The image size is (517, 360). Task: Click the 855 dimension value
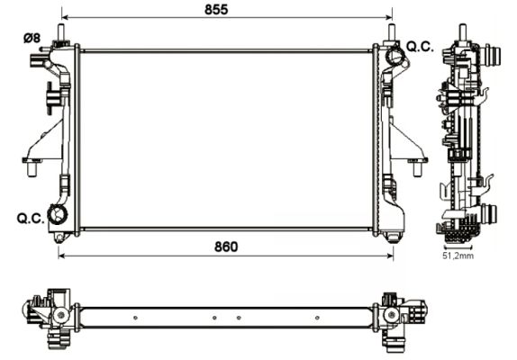pos(215,9)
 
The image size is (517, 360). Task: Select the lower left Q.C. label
pos(29,218)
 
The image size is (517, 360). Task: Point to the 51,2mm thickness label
pos(458,256)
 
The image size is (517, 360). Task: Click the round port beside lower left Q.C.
pos(59,215)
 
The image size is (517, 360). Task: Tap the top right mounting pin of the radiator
pos(393,32)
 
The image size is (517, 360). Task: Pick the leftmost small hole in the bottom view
pos(134,317)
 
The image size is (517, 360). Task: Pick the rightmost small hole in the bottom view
pos(317,317)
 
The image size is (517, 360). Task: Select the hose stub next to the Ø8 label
pos(38,63)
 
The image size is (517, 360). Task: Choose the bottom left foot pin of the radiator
pos(59,238)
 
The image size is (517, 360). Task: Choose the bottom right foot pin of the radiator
pos(394,238)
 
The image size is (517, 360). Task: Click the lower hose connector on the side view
pos(491,215)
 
